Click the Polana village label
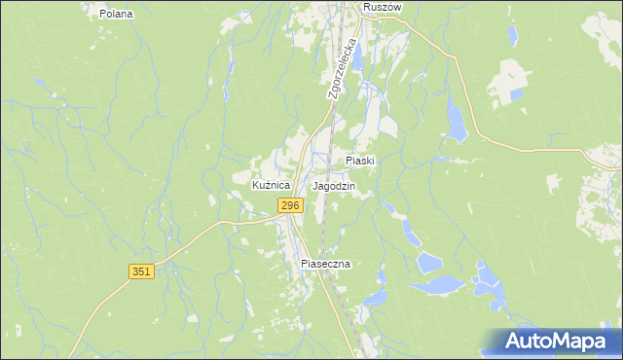[116, 15]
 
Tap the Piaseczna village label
[325, 264]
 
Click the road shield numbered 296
[290, 205]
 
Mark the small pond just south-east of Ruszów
[356, 56]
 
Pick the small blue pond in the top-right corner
[511, 36]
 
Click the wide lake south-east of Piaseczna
[436, 285]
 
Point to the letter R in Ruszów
[366, 7]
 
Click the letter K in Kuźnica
[256, 185]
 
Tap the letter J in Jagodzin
[315, 185]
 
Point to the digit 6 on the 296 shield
[296, 205]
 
